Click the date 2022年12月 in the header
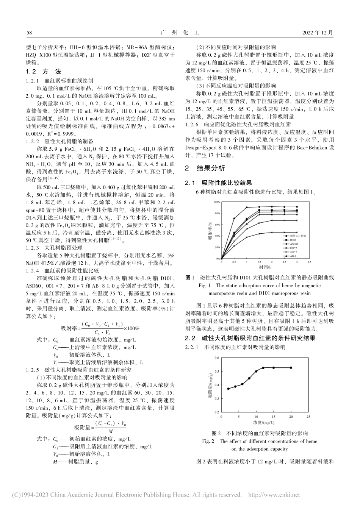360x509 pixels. click(318, 33)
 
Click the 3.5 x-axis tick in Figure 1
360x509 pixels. click(309, 262)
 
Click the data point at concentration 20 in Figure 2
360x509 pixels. click(291, 368)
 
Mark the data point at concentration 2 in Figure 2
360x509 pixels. click(228, 389)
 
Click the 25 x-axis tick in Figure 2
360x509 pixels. click(308, 416)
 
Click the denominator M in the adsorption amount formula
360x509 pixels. click(110, 432)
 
